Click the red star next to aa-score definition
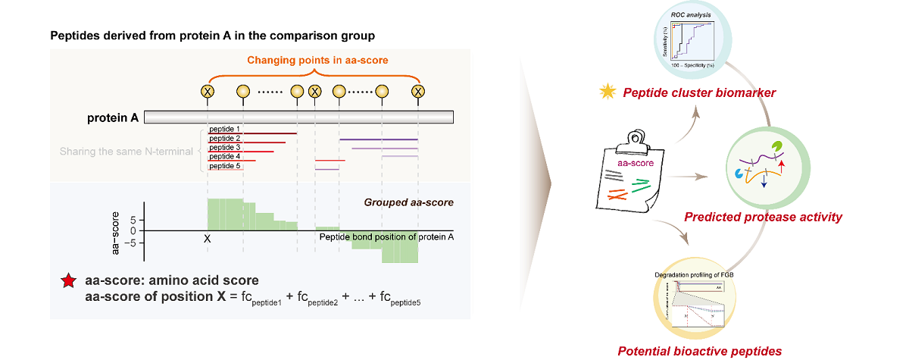pyautogui.click(x=68, y=283)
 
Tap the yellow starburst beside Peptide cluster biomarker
pyautogui.click(x=606, y=92)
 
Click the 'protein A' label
pyautogui.click(x=112, y=117)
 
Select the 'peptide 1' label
pyautogui.click(x=225, y=130)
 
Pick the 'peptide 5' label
pyautogui.click(x=225, y=166)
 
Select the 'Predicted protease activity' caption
pyautogui.click(x=763, y=218)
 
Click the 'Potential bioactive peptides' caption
pyautogui.click(x=699, y=350)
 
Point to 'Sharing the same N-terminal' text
pyautogui.click(x=127, y=152)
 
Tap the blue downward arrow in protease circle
pyautogui.click(x=764, y=182)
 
